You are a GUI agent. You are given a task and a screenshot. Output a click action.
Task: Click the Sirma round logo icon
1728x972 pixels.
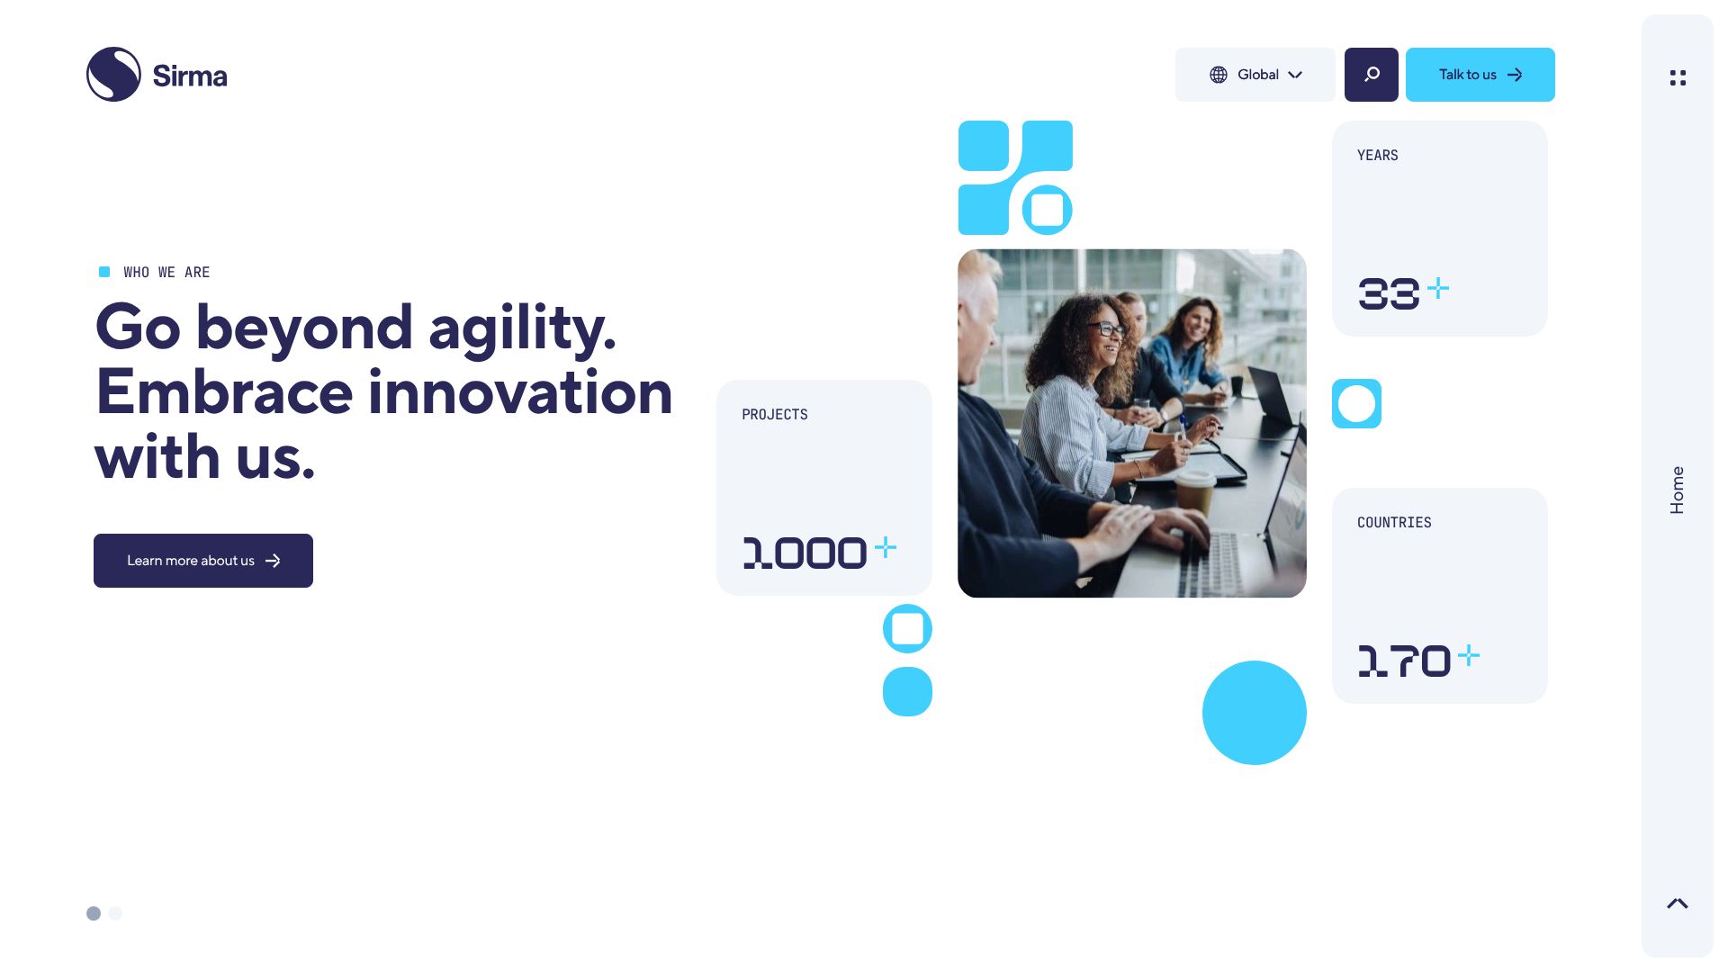pos(113,75)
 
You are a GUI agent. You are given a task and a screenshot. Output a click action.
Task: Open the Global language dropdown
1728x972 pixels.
pos(1255,75)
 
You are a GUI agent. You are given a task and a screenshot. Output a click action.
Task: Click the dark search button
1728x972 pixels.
pos(1372,75)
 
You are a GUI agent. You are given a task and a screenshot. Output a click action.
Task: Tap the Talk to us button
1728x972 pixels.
pos(1480,75)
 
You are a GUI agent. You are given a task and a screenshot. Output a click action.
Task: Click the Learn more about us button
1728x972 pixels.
pos(203,561)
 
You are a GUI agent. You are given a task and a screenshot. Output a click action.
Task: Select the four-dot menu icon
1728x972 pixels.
pos(1678,78)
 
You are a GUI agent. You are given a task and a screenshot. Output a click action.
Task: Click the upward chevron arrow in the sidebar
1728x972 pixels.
pos(1678,904)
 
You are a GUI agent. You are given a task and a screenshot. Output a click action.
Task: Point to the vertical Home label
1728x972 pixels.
pos(1677,490)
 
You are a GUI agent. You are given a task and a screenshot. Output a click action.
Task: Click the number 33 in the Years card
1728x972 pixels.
pos(1389,294)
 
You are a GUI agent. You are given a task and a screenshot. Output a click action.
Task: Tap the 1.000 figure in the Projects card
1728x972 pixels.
pos(805,553)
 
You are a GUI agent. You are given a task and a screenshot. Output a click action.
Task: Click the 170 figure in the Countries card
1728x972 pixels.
pos(1403,661)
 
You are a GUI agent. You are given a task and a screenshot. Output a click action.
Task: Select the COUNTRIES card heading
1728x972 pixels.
pos(1394,523)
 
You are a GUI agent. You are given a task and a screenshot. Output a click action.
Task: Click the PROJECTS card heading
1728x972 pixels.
pos(775,415)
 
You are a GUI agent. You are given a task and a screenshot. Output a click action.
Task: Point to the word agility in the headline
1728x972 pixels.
pos(522,328)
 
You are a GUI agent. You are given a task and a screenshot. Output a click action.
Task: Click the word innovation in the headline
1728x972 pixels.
pos(520,392)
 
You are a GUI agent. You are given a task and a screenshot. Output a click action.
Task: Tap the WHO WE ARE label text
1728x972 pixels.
pos(166,273)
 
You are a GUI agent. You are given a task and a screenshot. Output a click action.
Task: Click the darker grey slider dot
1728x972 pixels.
pos(94,913)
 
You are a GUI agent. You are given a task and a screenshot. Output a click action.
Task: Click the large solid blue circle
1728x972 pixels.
pos(1255,713)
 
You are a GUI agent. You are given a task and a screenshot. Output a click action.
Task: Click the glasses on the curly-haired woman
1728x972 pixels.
pos(1109,328)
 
